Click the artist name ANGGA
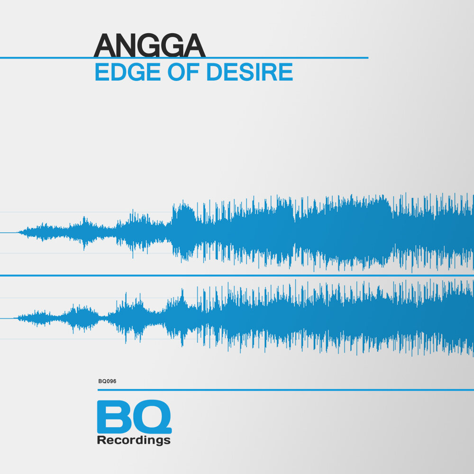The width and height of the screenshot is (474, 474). coord(150,45)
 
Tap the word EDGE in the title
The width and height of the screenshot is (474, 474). coord(128,72)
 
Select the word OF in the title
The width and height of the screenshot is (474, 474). coord(183,72)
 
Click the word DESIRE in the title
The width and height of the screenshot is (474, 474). coord(250,72)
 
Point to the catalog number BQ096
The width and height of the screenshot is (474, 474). coord(107,381)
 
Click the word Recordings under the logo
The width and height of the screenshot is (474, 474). coord(134,440)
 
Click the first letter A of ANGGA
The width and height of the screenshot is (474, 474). coord(105,46)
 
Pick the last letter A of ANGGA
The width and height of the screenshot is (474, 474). coord(194,46)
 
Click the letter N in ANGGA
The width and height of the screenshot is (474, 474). coord(128,46)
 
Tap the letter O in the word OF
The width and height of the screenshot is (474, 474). coord(176,72)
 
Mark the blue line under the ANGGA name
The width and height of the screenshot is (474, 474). coord(184,57)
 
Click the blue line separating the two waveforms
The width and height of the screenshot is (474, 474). coord(237,275)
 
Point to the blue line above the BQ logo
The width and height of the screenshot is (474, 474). coord(286,390)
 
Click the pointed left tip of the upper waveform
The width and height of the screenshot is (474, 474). coord(18,232)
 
